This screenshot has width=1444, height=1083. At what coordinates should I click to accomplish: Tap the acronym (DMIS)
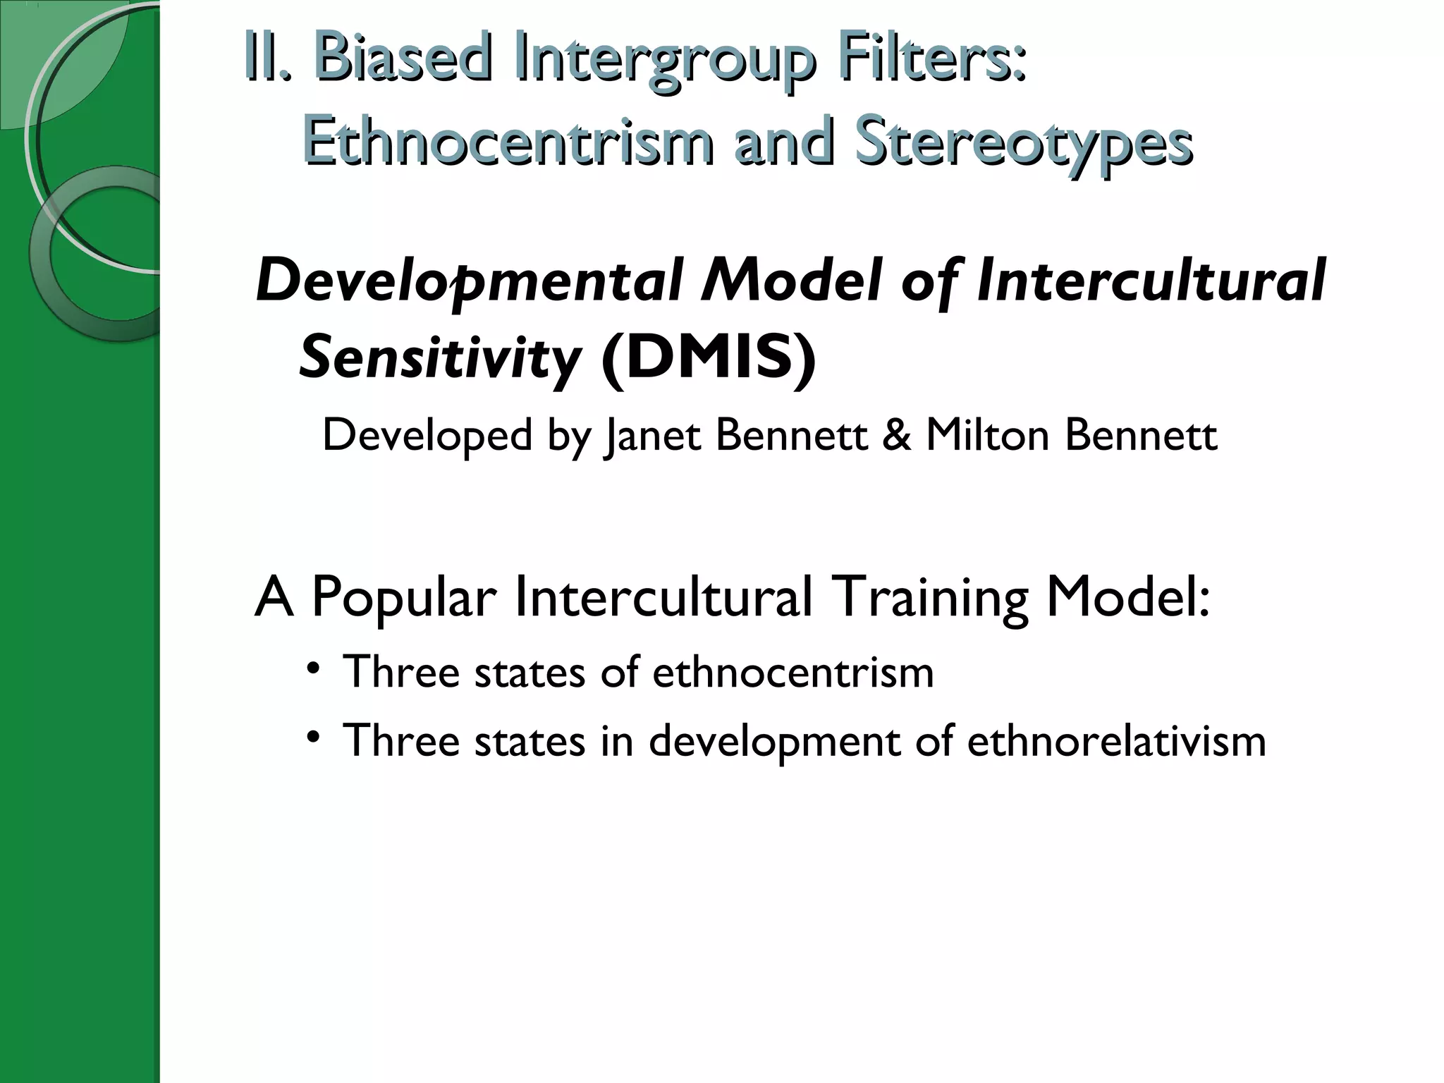click(x=708, y=358)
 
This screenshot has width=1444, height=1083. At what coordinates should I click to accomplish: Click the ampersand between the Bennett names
click(x=896, y=435)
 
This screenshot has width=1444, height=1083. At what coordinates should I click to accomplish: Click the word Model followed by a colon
click(x=1128, y=596)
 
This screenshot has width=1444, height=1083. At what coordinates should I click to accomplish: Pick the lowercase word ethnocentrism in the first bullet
click(x=793, y=672)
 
